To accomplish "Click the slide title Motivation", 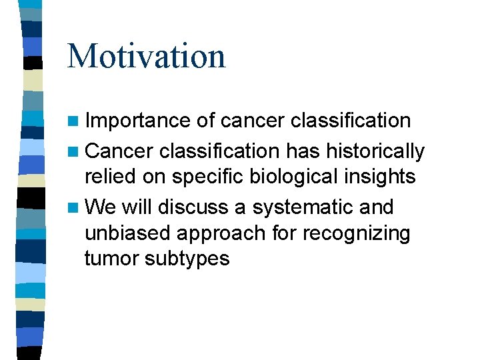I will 146,56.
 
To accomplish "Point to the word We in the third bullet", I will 100,207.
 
